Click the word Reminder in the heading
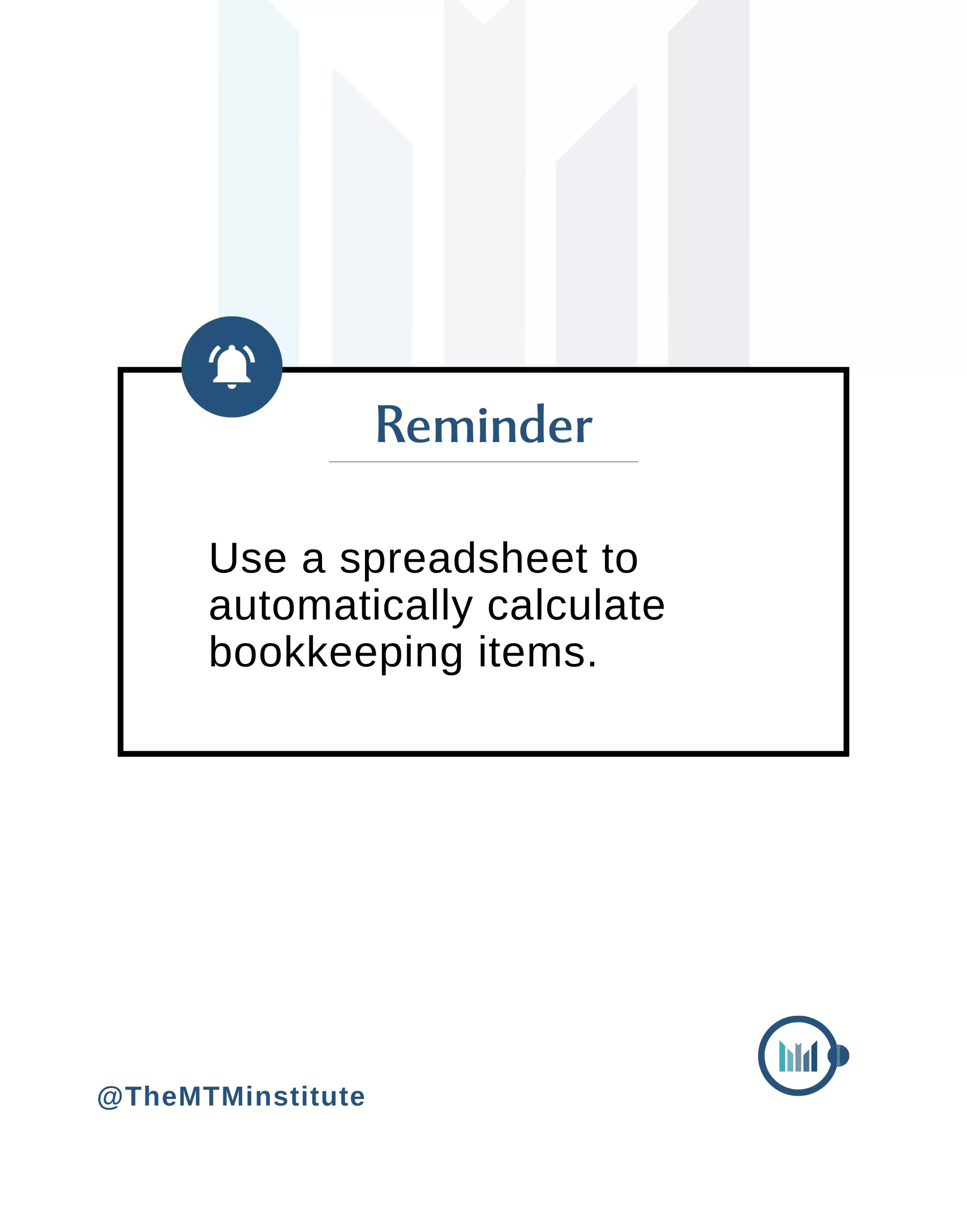pyautogui.click(x=483, y=425)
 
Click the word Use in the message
pyautogui.click(x=248, y=559)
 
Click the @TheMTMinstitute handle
pyautogui.click(x=231, y=1097)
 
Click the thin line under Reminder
pyautogui.click(x=483, y=462)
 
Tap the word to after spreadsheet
pyautogui.click(x=620, y=559)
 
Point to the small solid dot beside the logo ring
pyautogui.click(x=840, y=1056)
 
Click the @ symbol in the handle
pyautogui.click(x=110, y=1098)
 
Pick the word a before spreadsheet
pyautogui.click(x=314, y=562)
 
